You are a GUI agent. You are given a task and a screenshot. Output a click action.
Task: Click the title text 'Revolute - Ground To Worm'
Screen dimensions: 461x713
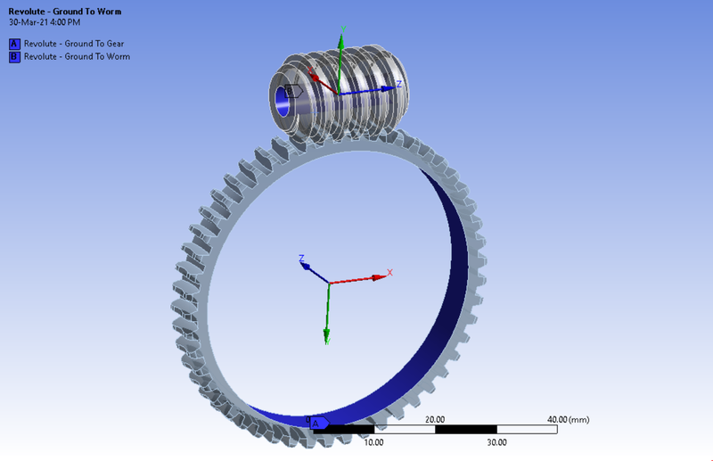pyautogui.click(x=65, y=12)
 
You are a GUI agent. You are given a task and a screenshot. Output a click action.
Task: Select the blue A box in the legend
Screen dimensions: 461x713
pyautogui.click(x=14, y=43)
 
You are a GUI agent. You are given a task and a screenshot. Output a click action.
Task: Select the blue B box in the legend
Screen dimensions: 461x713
pyautogui.click(x=14, y=56)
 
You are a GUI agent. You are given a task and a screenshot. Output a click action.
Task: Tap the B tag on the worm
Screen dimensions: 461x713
pyautogui.click(x=291, y=90)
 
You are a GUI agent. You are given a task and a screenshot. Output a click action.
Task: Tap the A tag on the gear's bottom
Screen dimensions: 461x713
pyautogui.click(x=318, y=422)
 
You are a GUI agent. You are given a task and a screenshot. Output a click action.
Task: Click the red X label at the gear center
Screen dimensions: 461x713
pyautogui.click(x=389, y=273)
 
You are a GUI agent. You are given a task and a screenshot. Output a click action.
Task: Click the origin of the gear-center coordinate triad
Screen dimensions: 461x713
pyautogui.click(x=329, y=284)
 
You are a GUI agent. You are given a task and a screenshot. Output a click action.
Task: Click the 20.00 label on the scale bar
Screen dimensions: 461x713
pyautogui.click(x=435, y=419)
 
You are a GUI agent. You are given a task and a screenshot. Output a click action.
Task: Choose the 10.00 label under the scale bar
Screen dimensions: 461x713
pyautogui.click(x=373, y=441)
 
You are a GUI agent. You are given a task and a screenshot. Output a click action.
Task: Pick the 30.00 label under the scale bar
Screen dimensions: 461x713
pyautogui.click(x=496, y=441)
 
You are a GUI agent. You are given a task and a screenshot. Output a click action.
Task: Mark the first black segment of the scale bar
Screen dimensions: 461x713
pyautogui.click(x=343, y=430)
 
